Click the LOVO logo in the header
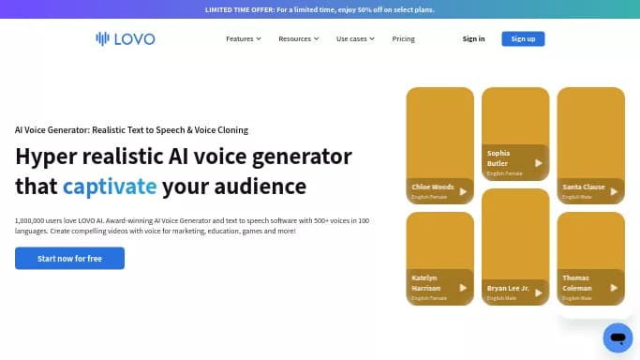(125, 38)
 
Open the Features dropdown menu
(244, 38)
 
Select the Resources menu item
(299, 38)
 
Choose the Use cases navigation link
(355, 38)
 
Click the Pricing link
(403, 38)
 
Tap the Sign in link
(473, 38)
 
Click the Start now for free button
(69, 258)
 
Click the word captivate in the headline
(110, 186)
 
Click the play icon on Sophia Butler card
(538, 163)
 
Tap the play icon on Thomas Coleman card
(613, 287)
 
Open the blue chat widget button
(618, 337)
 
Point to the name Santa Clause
(583, 187)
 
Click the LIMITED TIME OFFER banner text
(320, 9)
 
